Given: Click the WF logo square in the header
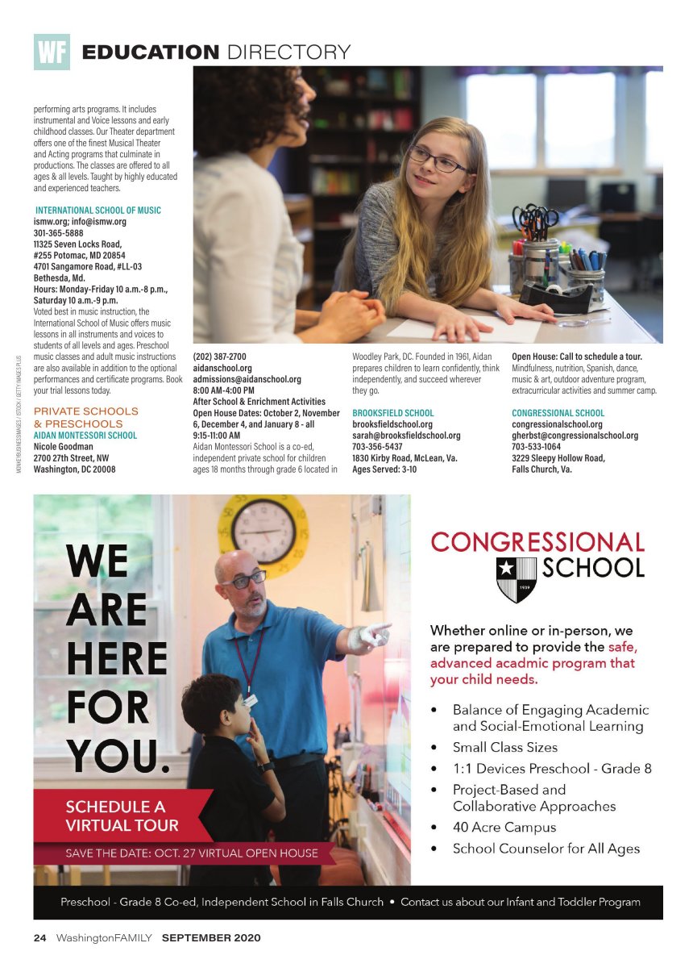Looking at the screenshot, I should click(52, 52).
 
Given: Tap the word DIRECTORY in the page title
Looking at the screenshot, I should click(288, 52).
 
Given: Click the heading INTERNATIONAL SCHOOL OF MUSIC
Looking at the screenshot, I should click(97, 210).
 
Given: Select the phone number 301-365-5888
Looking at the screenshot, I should click(57, 232).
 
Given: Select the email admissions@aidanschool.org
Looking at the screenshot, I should click(247, 379).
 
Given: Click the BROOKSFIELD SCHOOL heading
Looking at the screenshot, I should click(392, 413).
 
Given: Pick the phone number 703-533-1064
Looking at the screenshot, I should click(536, 447).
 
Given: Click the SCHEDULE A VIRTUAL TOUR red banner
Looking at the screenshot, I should click(122, 815).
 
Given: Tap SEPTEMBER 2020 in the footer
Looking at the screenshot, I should click(211, 938).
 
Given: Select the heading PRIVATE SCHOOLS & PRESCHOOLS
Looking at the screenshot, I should click(86, 417).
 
